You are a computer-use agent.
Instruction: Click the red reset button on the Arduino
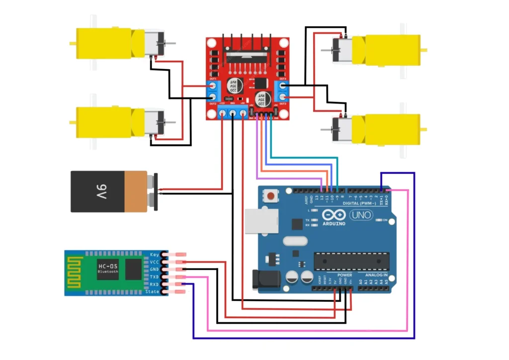(x=270, y=195)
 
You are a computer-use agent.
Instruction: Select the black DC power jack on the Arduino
(x=262, y=279)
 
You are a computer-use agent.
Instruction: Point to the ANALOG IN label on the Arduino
(x=376, y=275)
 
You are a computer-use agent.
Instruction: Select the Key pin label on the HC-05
(x=154, y=255)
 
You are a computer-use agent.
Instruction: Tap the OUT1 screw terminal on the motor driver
(x=213, y=86)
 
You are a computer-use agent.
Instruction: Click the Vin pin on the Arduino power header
(x=351, y=288)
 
